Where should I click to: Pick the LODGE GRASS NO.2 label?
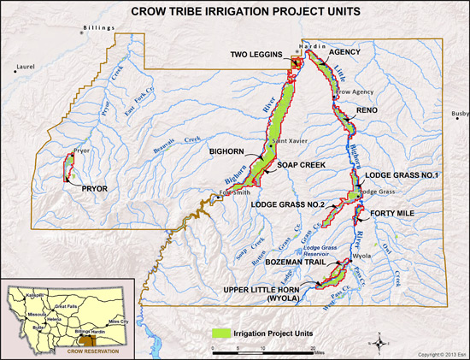[x=289, y=205]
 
